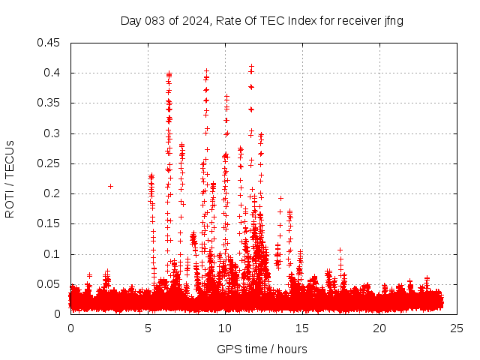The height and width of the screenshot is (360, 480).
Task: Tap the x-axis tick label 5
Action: pyautogui.click(x=148, y=328)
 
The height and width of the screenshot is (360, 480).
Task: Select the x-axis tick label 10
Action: pyautogui.click(x=226, y=328)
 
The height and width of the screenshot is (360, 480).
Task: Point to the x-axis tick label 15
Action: pyautogui.click(x=303, y=328)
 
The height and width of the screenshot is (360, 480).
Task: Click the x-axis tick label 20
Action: pyautogui.click(x=380, y=328)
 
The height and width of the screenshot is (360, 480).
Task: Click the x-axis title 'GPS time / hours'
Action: pyautogui.click(x=262, y=349)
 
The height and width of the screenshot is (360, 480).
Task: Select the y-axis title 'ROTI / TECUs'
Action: pyautogui.click(x=10, y=178)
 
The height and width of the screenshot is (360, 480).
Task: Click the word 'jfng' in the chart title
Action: pyautogui.click(x=394, y=20)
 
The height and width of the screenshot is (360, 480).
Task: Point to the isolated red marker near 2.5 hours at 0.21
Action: pyautogui.click(x=110, y=186)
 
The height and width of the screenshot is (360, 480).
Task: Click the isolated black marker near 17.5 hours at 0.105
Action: pyautogui.click(x=340, y=250)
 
